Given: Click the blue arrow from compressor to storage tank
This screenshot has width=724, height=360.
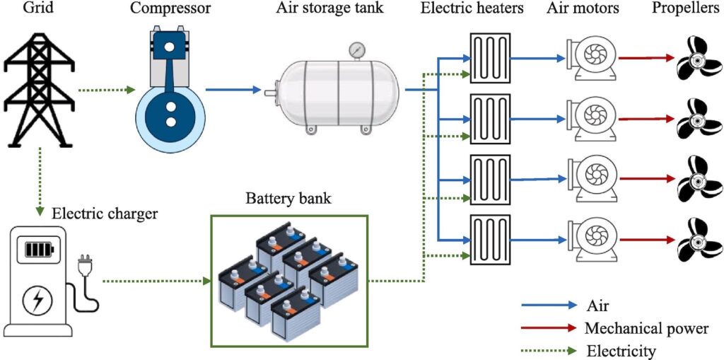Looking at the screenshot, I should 233,90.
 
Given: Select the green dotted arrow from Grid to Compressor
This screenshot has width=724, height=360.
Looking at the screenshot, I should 106,90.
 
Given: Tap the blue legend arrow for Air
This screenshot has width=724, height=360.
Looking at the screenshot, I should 549,306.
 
